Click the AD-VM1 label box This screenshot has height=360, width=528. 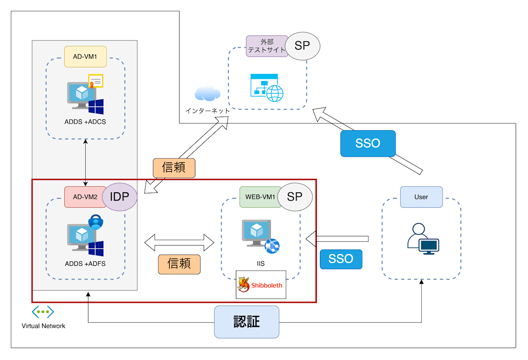[x=85, y=57]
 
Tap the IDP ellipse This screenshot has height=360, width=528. [x=120, y=197]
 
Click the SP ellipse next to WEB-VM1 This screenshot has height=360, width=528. [x=295, y=197]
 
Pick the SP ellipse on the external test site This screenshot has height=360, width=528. [x=302, y=46]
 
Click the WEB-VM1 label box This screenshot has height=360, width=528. [x=260, y=197]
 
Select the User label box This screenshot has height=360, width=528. [x=421, y=197]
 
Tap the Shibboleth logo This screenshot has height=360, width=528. [x=261, y=285]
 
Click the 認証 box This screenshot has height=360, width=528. [x=246, y=322]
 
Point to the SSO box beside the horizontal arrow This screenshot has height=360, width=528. [x=341, y=259]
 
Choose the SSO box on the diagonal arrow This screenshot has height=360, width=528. [x=368, y=143]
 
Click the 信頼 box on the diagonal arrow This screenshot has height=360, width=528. [x=174, y=168]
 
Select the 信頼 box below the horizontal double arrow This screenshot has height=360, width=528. [x=179, y=264]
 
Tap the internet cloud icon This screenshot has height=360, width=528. [x=208, y=93]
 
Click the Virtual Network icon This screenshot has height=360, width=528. [x=43, y=312]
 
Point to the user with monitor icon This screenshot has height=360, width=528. [x=423, y=239]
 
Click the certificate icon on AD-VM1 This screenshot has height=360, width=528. [x=95, y=81]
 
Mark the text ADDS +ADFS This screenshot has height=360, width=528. [x=85, y=264]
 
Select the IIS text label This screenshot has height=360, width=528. [x=260, y=263]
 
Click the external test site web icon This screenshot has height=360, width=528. [x=267, y=88]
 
